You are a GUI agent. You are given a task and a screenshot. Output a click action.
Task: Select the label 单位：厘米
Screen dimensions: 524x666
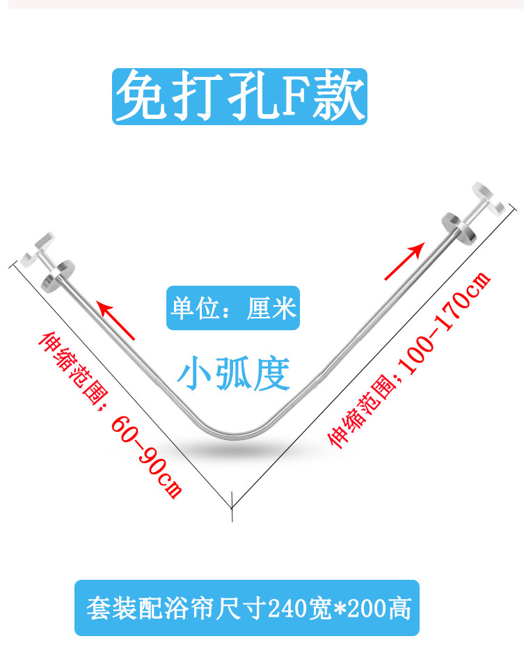point(233,308)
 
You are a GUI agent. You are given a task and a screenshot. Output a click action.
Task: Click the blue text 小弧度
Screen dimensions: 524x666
point(232,374)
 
